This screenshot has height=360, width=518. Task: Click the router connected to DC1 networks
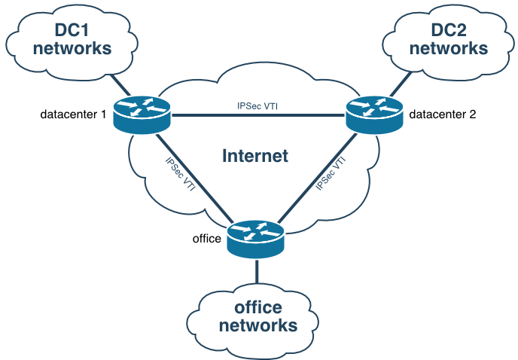point(143,115)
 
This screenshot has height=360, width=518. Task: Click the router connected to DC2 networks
point(374,115)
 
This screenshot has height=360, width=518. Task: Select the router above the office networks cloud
point(256,239)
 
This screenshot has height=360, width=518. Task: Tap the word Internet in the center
point(255,156)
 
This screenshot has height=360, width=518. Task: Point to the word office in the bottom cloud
point(258,307)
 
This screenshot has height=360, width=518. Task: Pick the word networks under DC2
point(448,48)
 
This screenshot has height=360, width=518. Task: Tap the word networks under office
point(258,325)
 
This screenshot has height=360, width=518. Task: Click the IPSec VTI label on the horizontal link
point(258,106)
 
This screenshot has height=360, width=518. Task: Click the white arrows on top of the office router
point(256,230)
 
